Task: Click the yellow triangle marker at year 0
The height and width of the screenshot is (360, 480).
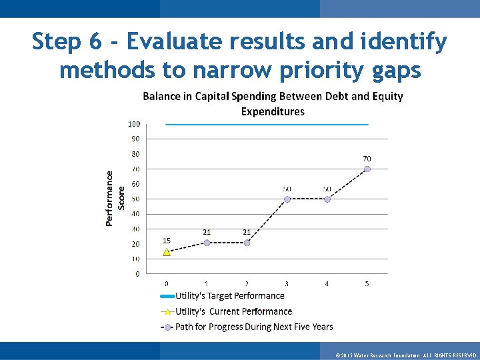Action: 167,252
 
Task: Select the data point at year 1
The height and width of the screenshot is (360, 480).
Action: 207,243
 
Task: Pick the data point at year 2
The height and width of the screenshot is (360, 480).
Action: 247,243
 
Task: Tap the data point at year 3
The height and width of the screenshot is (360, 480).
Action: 287,199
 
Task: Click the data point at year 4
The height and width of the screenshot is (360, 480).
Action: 327,199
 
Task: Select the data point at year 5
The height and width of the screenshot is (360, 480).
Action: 367,169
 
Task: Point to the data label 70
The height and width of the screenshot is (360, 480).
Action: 367,158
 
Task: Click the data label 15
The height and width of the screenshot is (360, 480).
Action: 167,240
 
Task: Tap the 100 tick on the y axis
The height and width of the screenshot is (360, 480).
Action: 133,124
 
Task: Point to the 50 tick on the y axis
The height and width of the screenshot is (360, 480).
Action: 135,199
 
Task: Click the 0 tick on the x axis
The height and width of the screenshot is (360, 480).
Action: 167,284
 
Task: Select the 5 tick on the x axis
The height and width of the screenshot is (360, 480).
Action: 367,284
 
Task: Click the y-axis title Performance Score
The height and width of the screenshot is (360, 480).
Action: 115,198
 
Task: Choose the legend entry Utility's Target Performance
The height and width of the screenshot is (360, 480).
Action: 229,295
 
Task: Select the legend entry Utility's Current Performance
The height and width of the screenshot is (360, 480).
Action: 233,311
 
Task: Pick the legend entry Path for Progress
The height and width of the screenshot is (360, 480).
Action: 253,327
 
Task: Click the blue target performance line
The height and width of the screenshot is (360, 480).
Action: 267,124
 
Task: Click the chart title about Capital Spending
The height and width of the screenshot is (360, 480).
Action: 273,103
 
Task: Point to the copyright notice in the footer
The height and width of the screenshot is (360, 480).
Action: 407,355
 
